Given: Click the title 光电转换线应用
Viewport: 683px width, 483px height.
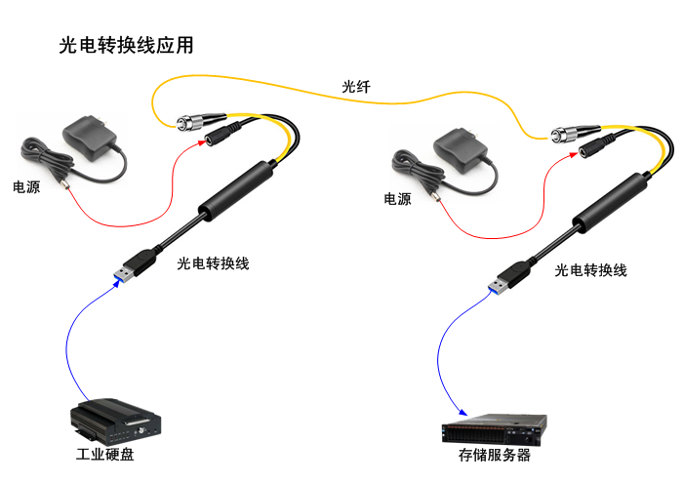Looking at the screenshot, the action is point(126,45).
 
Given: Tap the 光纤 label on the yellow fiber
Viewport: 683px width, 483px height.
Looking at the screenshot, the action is point(356,87).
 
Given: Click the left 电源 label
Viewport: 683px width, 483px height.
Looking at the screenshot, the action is point(26,187).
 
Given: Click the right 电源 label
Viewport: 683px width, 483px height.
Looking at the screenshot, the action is point(397,199).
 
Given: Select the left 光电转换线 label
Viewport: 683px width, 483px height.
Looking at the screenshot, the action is point(213,263).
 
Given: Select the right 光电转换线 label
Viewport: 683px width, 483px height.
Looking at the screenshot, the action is point(590,270).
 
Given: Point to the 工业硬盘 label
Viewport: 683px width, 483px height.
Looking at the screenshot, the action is point(105,455).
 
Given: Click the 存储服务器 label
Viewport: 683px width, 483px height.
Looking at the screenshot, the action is point(495,455).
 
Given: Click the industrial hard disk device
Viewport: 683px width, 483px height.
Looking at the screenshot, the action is point(116,419).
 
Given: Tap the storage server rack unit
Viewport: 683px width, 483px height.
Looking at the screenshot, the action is point(495,429).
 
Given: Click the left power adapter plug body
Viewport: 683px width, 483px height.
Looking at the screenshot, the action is point(89,138).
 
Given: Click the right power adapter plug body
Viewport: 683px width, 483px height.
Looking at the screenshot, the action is point(460,149).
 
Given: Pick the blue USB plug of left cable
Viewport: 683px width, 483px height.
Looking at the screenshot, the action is point(124,275).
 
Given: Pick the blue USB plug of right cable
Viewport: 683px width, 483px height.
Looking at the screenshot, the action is point(498,286).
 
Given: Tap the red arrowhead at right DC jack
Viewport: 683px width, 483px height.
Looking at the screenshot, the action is point(574,154).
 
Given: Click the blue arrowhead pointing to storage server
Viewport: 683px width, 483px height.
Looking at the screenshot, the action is point(463,412).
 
